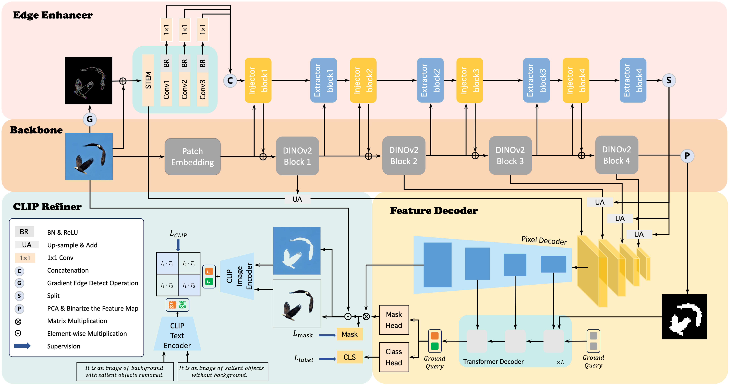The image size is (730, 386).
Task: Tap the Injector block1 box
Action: click(258, 80)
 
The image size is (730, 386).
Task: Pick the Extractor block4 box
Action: click(633, 80)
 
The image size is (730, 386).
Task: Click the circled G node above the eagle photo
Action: click(90, 119)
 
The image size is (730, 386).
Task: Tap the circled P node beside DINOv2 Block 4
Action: click(687, 156)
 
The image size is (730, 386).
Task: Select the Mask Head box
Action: click(394, 320)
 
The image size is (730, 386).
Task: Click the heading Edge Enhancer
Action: click(53, 15)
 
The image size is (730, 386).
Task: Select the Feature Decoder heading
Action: click(434, 211)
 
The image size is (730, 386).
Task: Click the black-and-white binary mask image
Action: click(684, 317)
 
